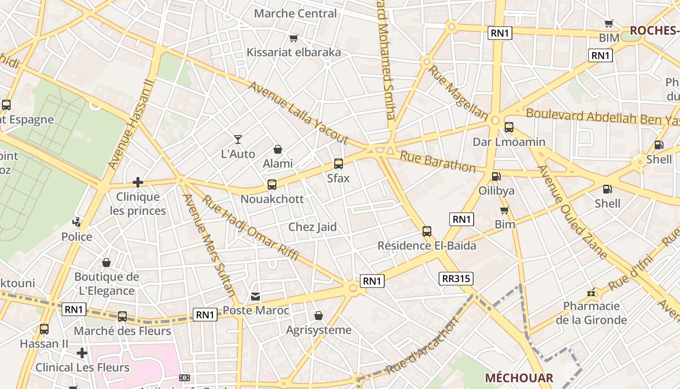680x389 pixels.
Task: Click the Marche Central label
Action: (x=295, y=13)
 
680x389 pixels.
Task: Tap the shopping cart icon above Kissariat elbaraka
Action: (x=293, y=38)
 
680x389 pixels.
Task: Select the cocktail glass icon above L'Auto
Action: (x=238, y=140)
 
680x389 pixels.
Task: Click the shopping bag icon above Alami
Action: (x=277, y=149)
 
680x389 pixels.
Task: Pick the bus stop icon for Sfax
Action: (x=338, y=164)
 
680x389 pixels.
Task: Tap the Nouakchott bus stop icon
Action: (x=272, y=185)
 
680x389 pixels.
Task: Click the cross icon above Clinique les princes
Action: (x=138, y=182)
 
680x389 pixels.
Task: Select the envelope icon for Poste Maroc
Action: (x=255, y=296)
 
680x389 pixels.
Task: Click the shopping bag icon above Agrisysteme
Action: (x=319, y=316)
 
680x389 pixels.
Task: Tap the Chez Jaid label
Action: (x=312, y=227)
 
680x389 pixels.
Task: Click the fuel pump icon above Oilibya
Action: (x=496, y=177)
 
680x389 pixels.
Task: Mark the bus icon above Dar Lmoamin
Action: (x=509, y=127)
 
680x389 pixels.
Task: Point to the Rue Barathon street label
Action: (x=438, y=162)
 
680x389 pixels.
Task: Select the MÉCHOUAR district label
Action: (x=519, y=378)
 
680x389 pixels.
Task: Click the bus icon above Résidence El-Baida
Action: (x=427, y=231)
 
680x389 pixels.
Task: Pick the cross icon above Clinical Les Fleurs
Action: (x=82, y=353)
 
